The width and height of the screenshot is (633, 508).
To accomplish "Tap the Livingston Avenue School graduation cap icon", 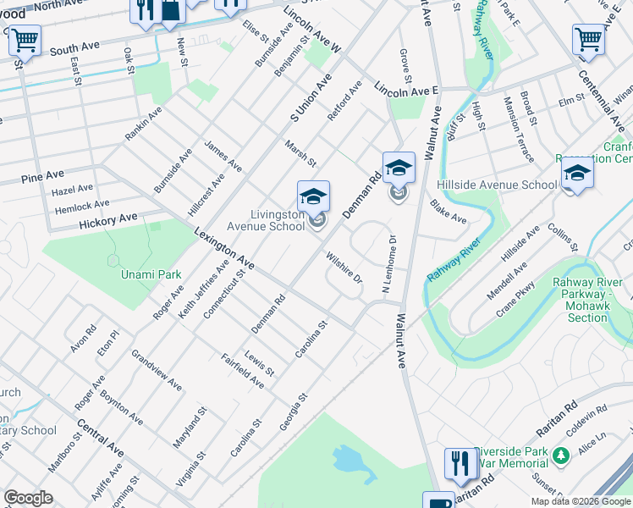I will [x=313, y=197].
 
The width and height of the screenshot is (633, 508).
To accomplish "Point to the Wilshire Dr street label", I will [x=345, y=268].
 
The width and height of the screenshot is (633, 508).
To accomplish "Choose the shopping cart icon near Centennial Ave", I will [x=588, y=39].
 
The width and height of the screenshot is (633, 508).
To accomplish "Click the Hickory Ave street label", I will [x=107, y=218].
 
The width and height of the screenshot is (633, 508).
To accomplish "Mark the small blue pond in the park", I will [x=349, y=460].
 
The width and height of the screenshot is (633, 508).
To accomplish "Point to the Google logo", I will [x=28, y=498].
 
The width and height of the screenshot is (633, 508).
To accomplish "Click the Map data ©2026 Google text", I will [x=581, y=501].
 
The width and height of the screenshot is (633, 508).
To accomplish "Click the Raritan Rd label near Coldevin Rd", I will [x=555, y=406].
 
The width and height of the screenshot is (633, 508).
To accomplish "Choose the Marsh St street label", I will [x=300, y=154].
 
